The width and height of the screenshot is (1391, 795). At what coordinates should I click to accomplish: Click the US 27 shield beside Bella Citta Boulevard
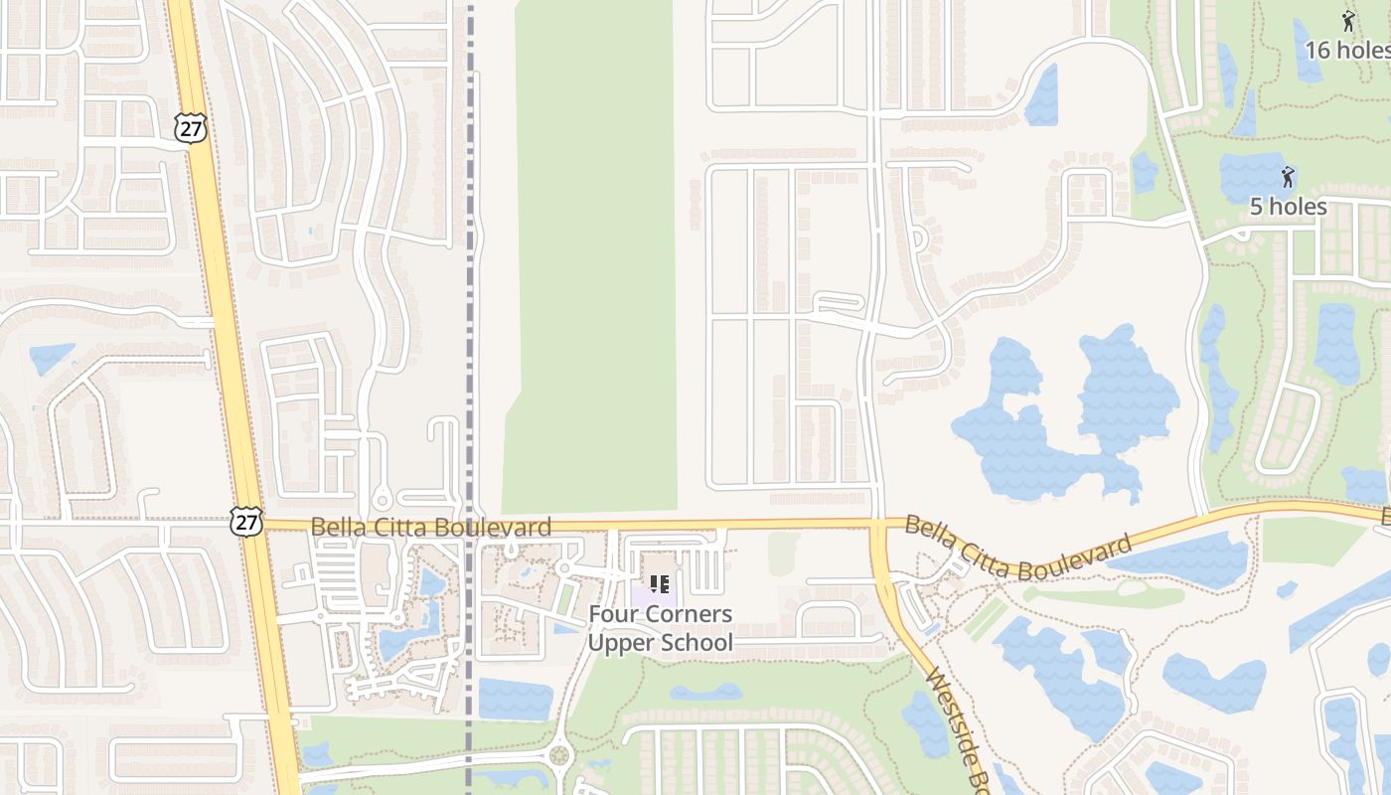coord(246,522)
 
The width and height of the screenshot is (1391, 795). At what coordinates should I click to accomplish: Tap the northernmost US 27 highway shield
coord(190,126)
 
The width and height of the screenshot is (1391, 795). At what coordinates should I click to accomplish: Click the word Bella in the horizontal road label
coord(338,527)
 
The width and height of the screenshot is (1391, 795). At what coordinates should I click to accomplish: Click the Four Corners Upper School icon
coord(659,584)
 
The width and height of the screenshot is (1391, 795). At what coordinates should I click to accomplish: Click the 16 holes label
coord(1346,50)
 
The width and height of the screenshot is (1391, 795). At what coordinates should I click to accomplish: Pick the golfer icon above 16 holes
coord(1347,21)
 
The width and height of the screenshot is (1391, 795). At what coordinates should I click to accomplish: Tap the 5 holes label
coord(1288,207)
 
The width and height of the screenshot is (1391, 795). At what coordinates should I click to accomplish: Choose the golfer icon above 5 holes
coord(1288,178)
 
